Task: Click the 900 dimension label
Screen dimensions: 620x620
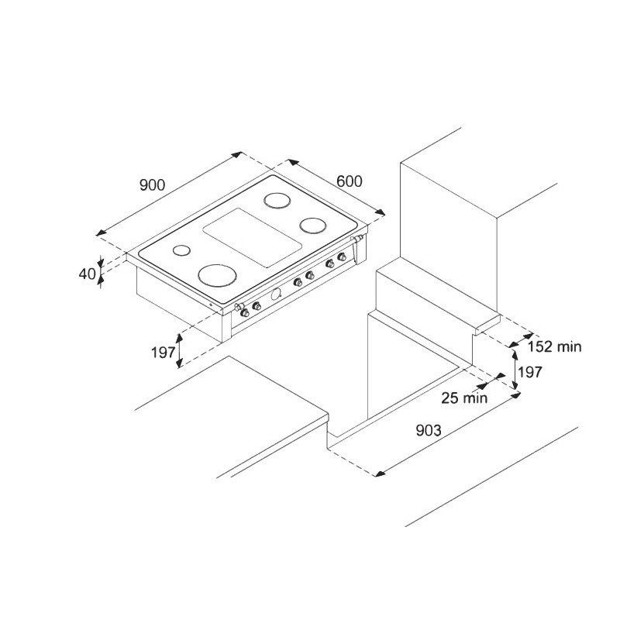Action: [x=152, y=184]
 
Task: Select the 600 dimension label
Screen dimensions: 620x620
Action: [x=350, y=181]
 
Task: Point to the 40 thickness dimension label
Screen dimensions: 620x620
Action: [x=87, y=274]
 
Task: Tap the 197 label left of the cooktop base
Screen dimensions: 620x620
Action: [x=163, y=352]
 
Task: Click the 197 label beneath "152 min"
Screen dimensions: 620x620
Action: [x=530, y=372]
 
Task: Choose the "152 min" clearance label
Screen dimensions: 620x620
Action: [x=554, y=346]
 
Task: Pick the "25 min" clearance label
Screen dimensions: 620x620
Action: [x=464, y=398]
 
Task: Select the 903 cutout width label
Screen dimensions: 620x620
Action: [x=429, y=430]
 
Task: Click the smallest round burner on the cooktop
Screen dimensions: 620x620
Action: [x=181, y=250]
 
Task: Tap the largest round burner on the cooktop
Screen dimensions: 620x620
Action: [x=218, y=275]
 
